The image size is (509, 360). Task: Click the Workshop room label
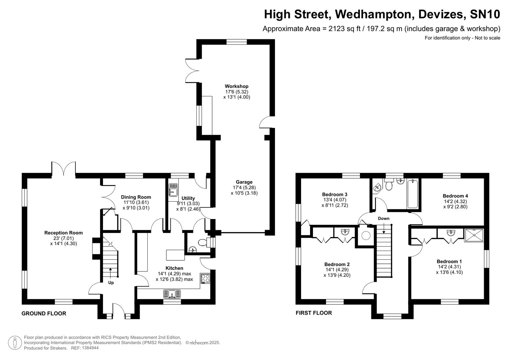[x=236, y=86]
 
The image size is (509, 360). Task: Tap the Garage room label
[x=244, y=182]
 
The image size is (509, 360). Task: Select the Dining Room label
[x=136, y=197]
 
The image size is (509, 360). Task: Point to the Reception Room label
[x=63, y=233]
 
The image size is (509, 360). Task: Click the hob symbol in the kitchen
[x=205, y=278]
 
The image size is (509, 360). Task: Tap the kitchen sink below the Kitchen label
[x=172, y=294]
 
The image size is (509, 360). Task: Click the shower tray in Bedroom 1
[x=474, y=235]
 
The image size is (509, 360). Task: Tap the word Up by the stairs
[x=111, y=283]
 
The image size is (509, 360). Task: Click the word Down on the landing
[x=384, y=219]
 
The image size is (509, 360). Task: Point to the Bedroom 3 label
[x=335, y=194]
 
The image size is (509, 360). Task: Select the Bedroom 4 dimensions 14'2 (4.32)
[x=455, y=201]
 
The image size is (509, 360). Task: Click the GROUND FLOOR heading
[x=44, y=313]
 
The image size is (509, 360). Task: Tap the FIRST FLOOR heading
[x=314, y=313]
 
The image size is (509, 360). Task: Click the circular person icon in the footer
[x=15, y=343]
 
